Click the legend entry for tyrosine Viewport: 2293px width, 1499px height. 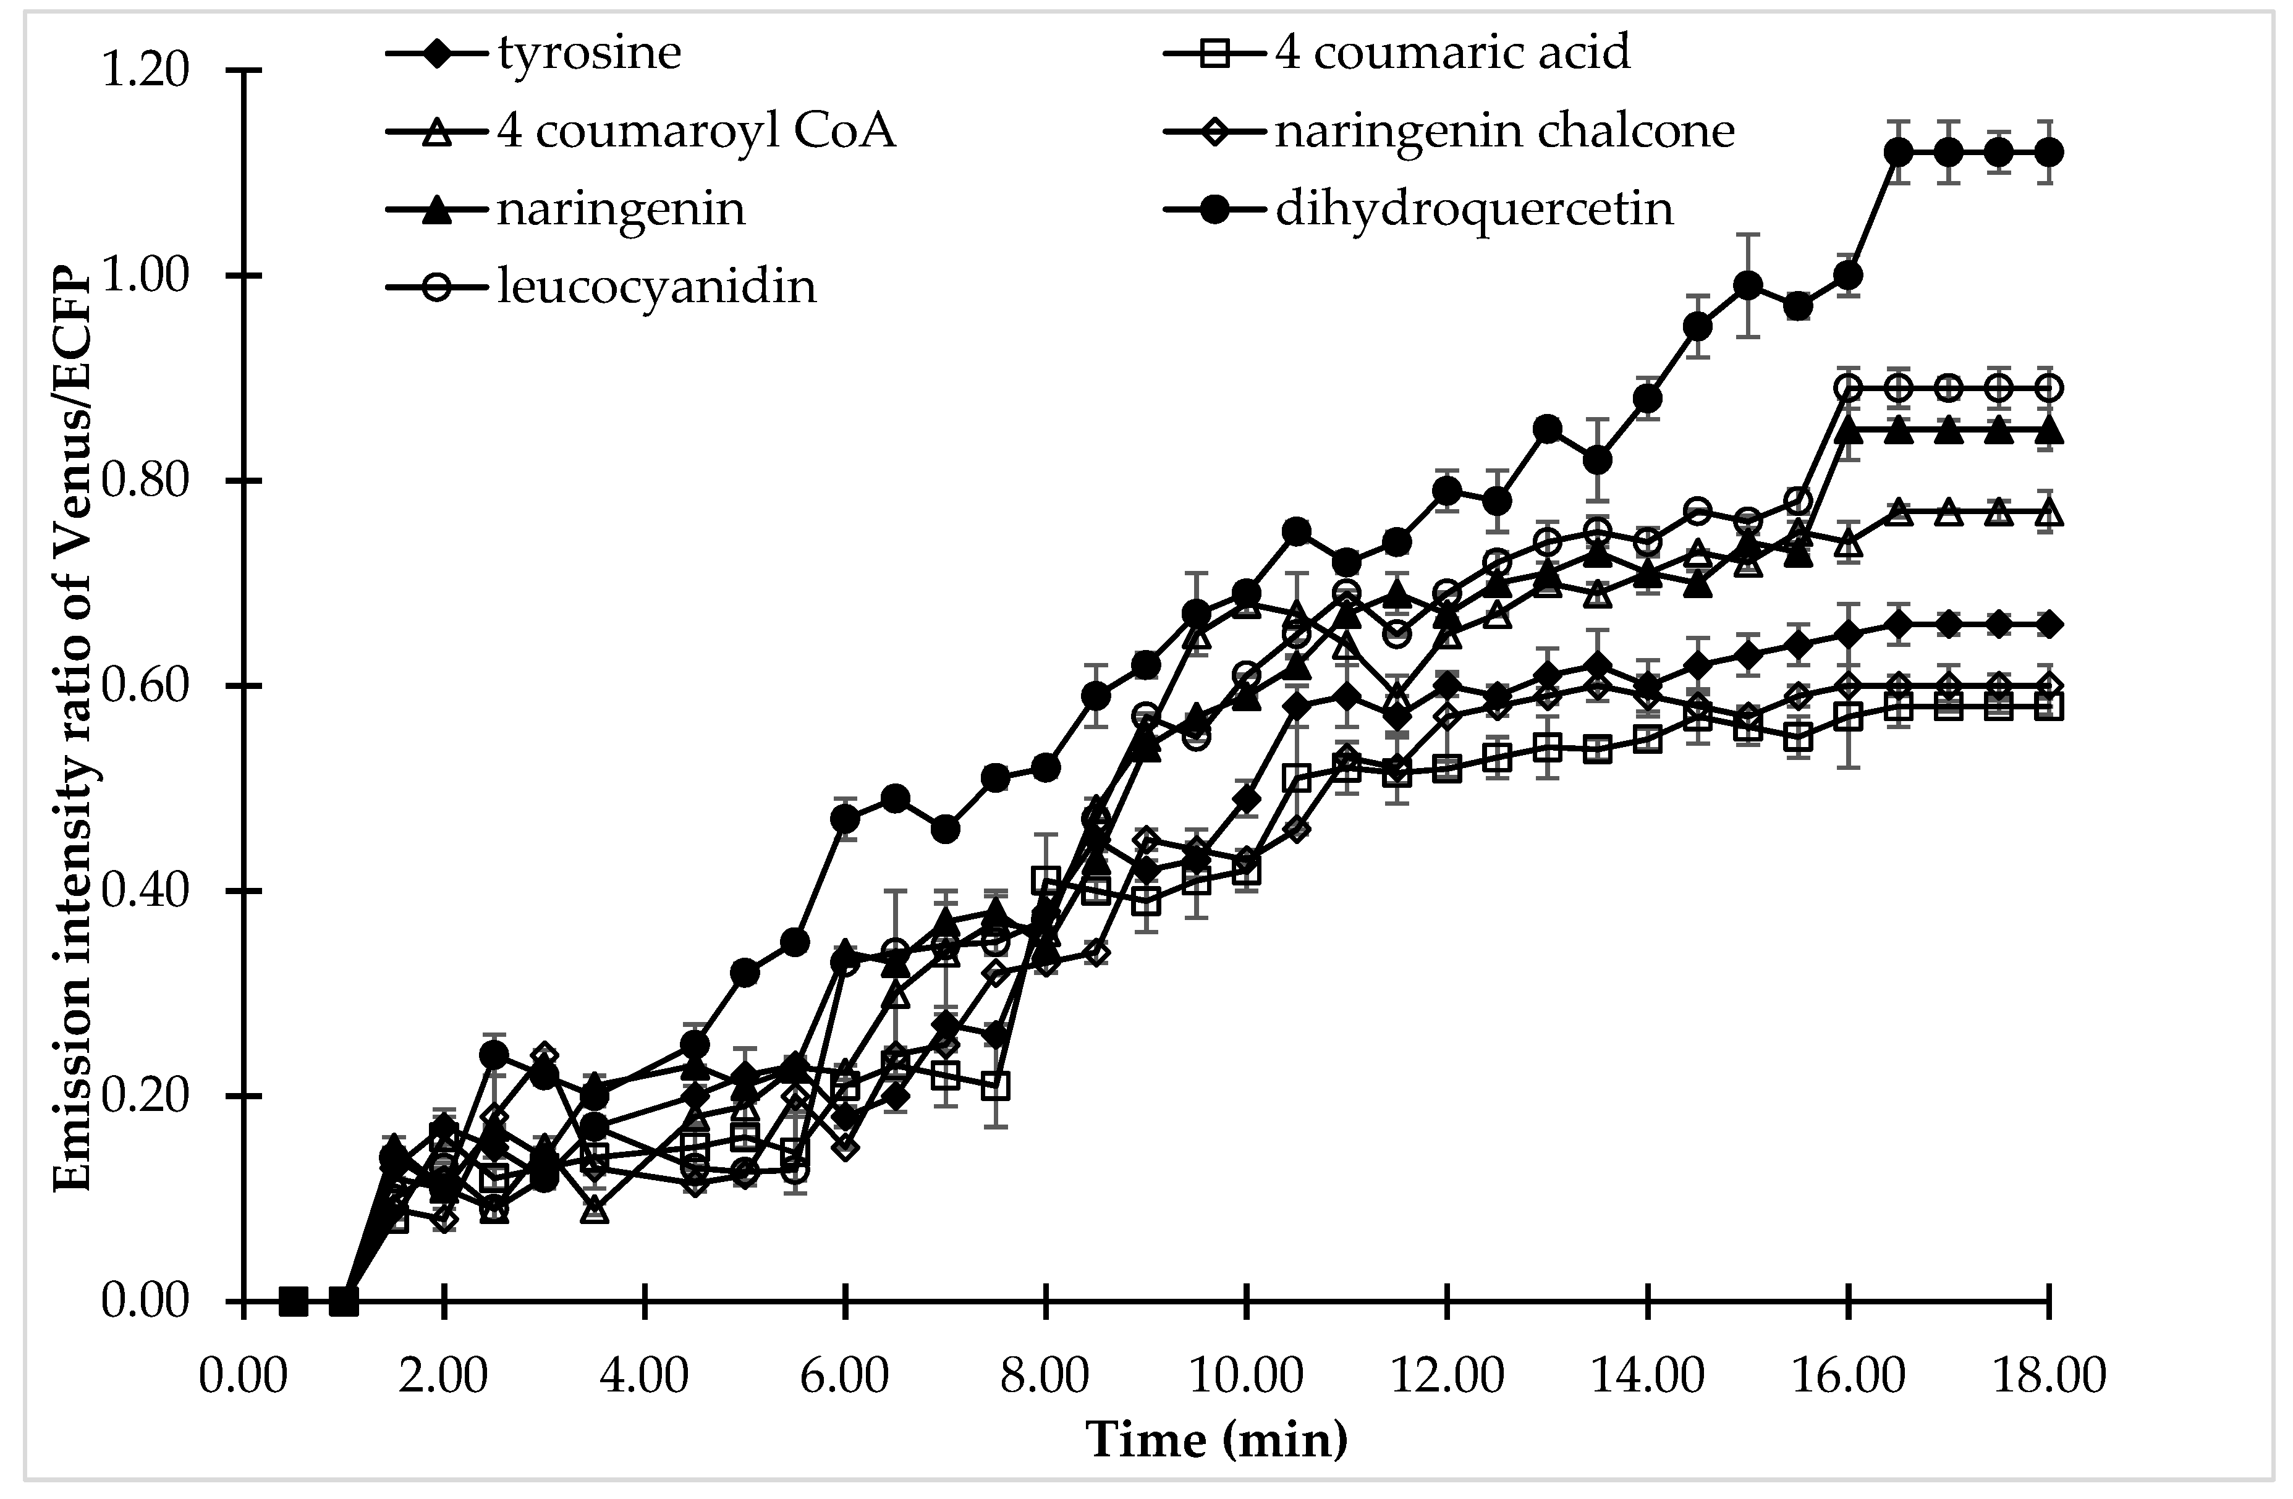click(x=588, y=52)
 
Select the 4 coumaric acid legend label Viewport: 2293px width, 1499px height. click(x=1452, y=52)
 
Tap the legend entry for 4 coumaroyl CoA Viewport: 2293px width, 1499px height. click(x=695, y=130)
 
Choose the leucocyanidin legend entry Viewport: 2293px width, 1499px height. click(x=656, y=286)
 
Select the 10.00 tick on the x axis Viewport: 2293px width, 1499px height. click(x=1246, y=1375)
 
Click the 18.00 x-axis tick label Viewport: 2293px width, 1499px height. click(x=2048, y=1375)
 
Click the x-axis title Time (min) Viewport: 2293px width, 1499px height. click(x=1217, y=1441)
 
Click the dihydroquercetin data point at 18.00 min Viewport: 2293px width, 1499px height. click(x=2048, y=152)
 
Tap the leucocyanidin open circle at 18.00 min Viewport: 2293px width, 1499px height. click(x=2048, y=388)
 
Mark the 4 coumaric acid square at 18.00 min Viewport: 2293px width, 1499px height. click(x=2048, y=707)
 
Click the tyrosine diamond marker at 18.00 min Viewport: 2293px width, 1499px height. click(x=2048, y=624)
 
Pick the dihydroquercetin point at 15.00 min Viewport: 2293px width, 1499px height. click(x=1748, y=285)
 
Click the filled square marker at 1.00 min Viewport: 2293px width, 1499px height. click(x=343, y=1301)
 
